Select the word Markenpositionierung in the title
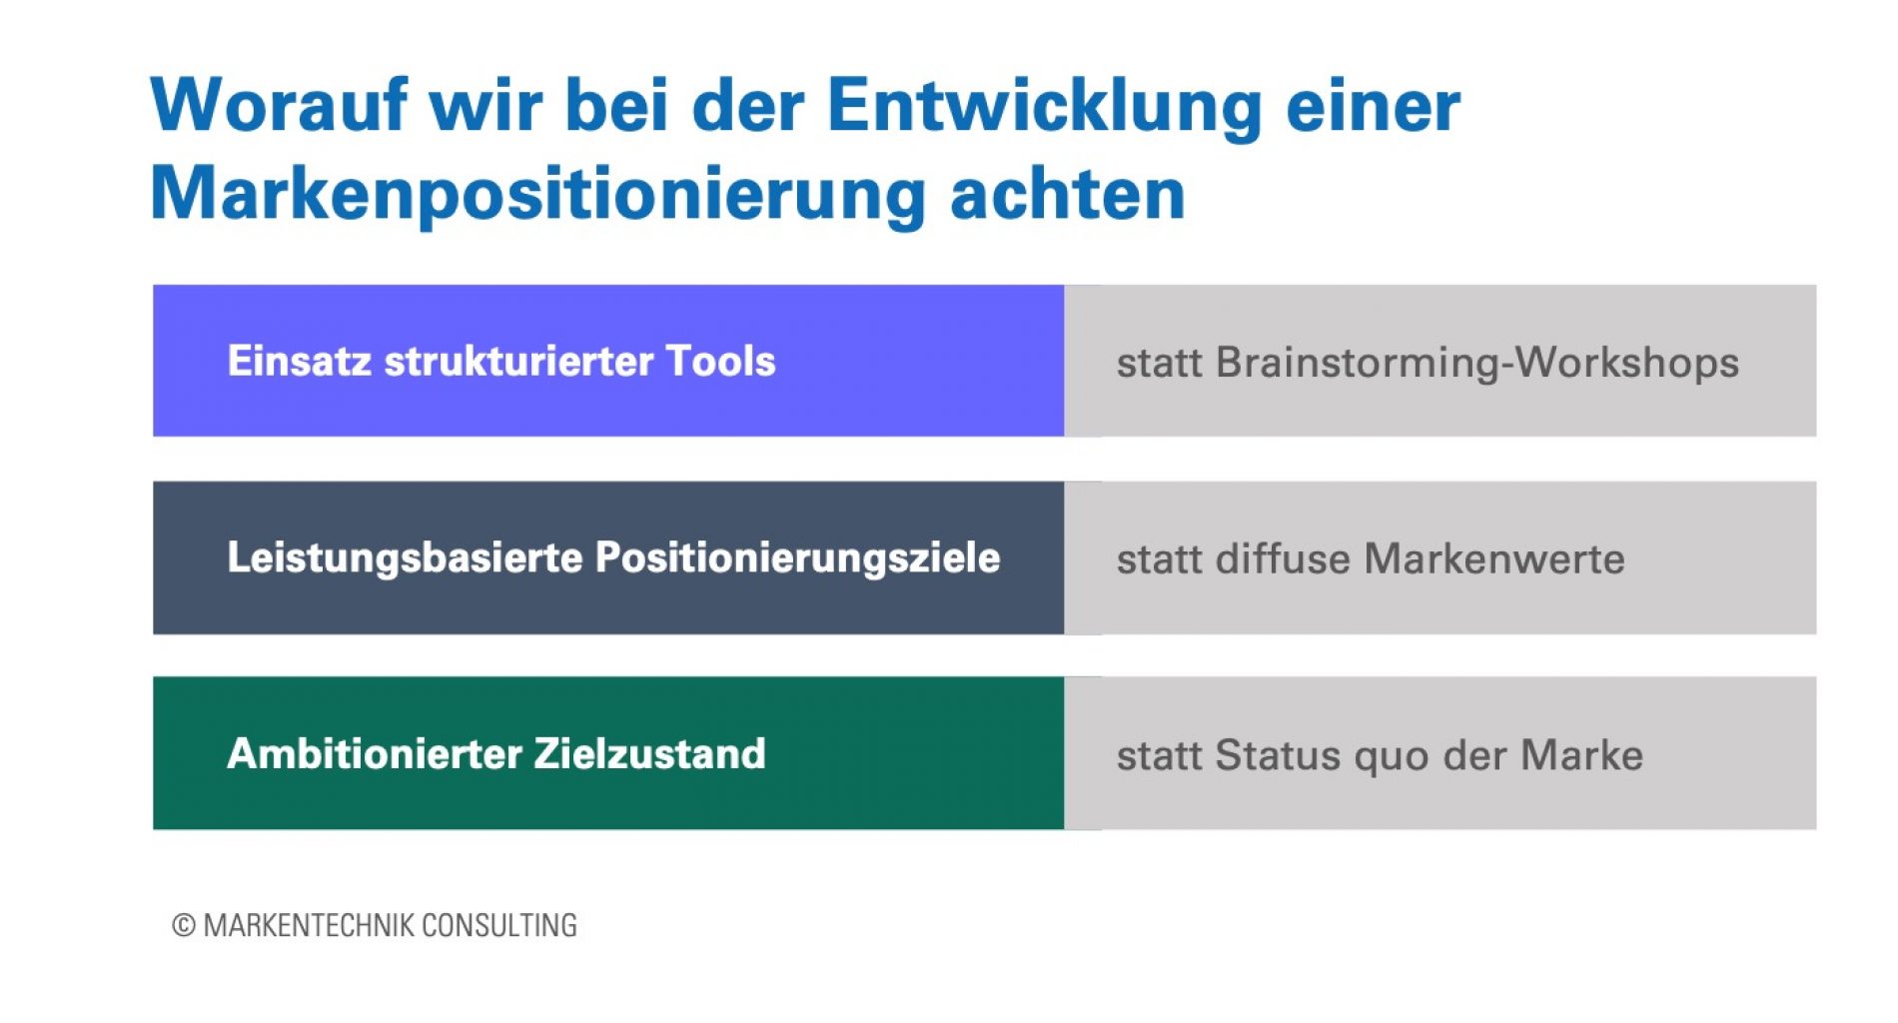click(x=538, y=194)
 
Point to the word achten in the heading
click(x=1068, y=193)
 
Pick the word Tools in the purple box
click(x=720, y=361)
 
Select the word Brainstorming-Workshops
click(x=1477, y=363)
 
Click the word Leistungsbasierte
click(x=405, y=557)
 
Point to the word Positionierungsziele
click(x=797, y=557)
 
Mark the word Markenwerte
click(x=1494, y=558)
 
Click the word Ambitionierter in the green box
click(x=374, y=753)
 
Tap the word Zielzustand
click(x=649, y=753)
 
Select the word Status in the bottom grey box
click(x=1278, y=755)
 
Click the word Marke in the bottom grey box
click(x=1582, y=755)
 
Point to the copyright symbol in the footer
click(x=184, y=925)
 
